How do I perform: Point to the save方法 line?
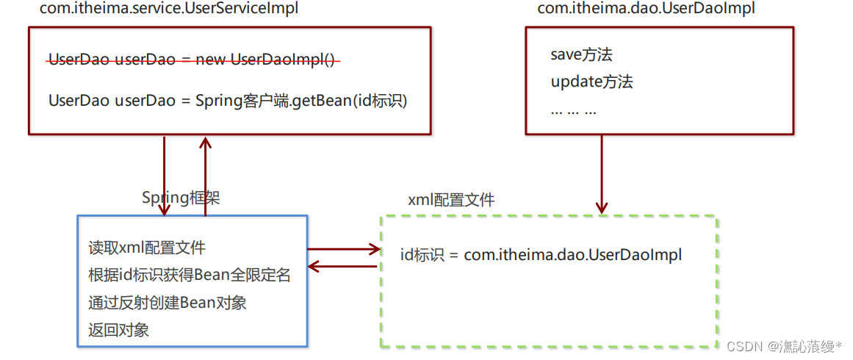581,54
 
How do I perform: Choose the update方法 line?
591,82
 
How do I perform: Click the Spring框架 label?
181,198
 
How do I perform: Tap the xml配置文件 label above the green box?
451,200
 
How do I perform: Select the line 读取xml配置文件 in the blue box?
147,248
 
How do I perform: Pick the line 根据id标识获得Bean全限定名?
190,275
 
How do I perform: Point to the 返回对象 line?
118,330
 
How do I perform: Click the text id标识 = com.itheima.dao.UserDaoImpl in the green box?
541,255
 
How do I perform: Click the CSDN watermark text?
785,345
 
